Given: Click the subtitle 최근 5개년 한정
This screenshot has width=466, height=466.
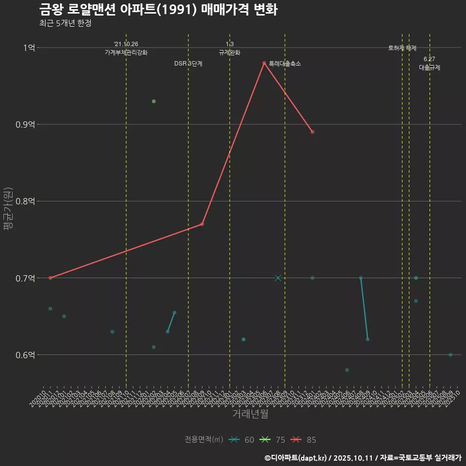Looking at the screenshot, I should coord(65,23).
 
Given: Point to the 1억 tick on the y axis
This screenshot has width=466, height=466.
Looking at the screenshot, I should coord(29,48).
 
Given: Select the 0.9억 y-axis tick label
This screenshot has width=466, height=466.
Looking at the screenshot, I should coord(26,124).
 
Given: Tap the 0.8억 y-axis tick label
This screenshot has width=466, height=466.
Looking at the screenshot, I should coord(26,201).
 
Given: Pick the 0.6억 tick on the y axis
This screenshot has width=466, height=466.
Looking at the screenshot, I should coord(26,355).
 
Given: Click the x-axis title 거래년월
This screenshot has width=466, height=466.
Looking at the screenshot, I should coord(250,414).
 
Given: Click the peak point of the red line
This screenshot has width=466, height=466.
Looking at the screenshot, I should coord(264,63).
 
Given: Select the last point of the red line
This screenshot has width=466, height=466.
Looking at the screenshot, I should coord(313,132).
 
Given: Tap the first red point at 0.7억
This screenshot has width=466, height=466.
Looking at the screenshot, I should coord(50,278).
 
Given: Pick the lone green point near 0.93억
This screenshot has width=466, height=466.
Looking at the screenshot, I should coord(154,101).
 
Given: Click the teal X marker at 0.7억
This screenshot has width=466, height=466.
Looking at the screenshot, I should coord(278,278).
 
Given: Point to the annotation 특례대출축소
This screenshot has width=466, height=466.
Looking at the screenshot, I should coord(285,64).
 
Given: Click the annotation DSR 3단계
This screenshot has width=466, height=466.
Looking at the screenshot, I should coord(188,64).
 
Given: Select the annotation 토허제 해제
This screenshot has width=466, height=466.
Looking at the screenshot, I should coord(402,48).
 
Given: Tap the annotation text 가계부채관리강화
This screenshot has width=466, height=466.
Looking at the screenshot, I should coord(126,52).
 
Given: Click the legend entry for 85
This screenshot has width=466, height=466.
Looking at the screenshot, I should coord(304,440).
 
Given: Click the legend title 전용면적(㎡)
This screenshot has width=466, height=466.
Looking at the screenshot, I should coord(203,440).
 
